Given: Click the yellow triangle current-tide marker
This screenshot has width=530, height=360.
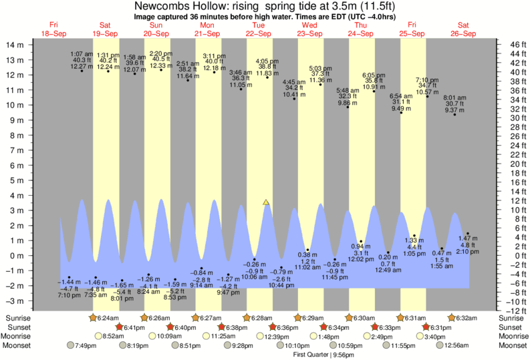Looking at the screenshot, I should click(267, 202).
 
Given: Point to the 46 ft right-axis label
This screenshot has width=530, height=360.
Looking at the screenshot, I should click(511, 44).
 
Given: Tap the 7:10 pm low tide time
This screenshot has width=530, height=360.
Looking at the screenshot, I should click(69, 295).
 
